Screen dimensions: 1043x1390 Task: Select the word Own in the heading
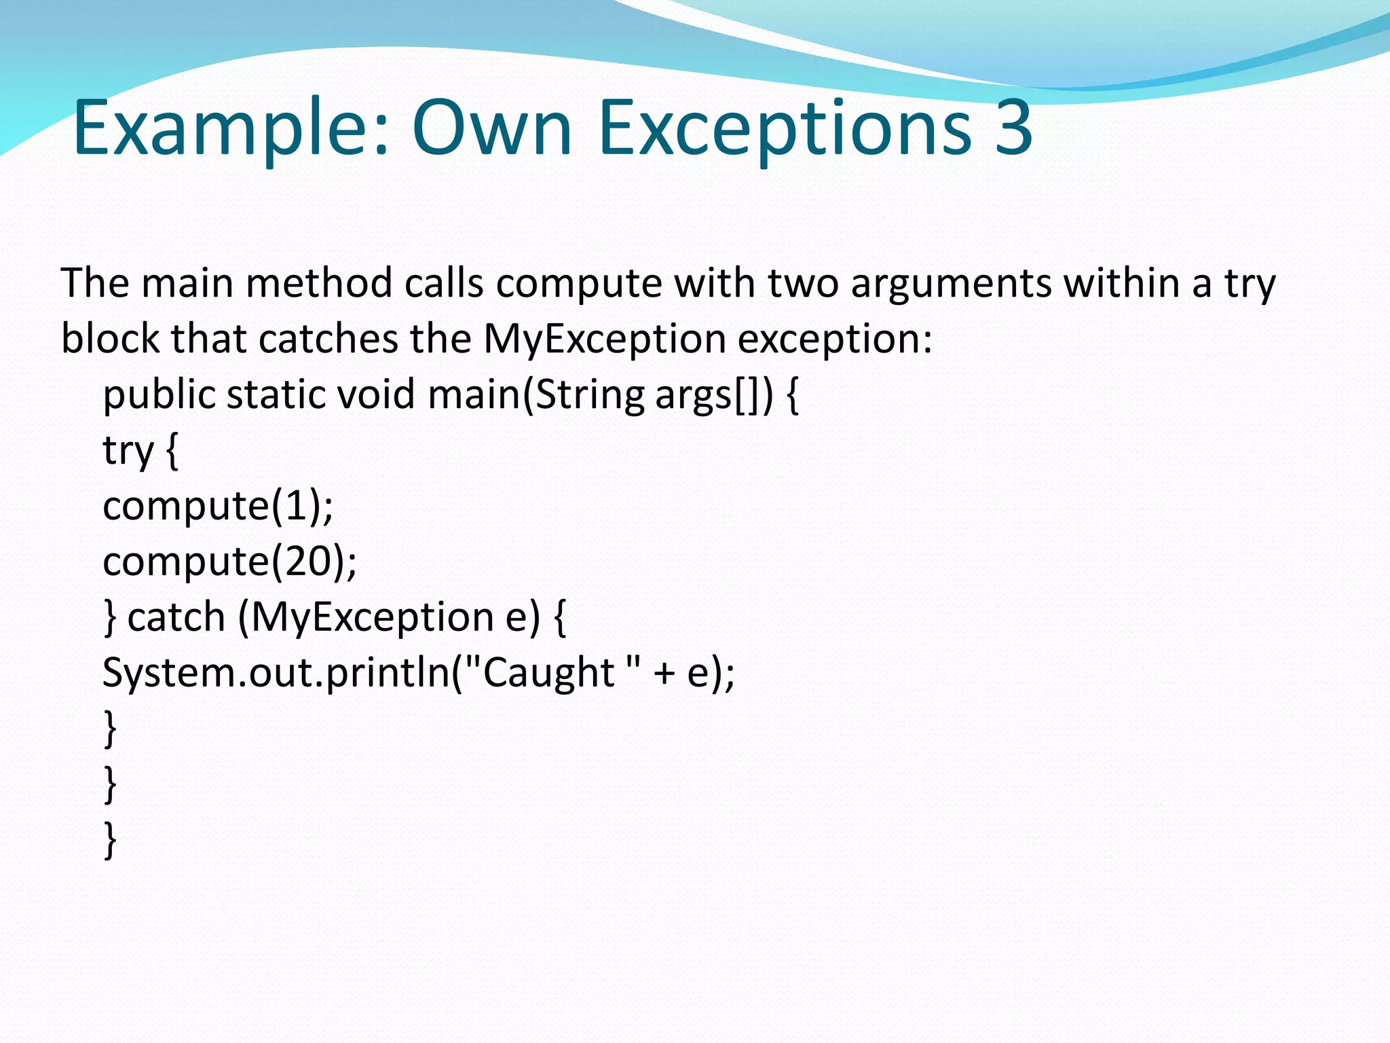click(x=493, y=128)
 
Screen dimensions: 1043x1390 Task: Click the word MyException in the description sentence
click(x=604, y=340)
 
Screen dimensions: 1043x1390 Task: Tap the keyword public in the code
click(x=159, y=395)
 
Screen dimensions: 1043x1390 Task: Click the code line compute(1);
click(x=218, y=507)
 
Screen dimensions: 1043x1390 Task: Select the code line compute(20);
click(x=229, y=562)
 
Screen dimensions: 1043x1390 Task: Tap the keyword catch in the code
click(x=176, y=618)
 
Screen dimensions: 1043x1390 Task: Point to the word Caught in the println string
click(x=548, y=674)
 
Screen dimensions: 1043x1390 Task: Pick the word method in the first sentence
click(x=319, y=284)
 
